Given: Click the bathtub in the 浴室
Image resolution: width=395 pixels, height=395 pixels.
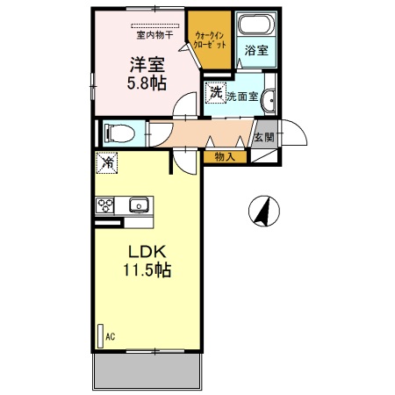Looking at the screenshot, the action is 256,24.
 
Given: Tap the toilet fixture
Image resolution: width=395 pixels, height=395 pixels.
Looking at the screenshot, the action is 119,133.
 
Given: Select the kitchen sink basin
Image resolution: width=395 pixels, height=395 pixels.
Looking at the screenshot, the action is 139,205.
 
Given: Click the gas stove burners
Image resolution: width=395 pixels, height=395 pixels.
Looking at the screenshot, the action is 105,205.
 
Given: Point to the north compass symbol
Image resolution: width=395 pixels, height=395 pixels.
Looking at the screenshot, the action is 264,211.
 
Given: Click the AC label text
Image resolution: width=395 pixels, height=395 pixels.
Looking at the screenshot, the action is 111,336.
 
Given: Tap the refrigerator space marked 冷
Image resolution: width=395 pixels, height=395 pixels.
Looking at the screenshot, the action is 106,162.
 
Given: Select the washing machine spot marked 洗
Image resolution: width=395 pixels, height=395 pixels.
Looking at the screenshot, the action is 216,93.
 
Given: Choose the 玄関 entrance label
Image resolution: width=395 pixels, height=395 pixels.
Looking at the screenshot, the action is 264,137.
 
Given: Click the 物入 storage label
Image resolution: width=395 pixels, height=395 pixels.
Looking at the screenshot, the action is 225,157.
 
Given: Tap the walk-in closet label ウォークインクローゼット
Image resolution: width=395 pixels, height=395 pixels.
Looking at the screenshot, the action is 210,40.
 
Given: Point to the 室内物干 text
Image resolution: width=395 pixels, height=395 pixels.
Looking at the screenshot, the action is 154,35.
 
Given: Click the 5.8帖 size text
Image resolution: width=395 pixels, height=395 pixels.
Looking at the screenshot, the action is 147,83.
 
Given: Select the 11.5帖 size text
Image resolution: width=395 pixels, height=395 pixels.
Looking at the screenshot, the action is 147,269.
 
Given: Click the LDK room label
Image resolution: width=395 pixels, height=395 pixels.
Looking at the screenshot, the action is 147,251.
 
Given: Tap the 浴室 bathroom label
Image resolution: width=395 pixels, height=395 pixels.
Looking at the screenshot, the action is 256,50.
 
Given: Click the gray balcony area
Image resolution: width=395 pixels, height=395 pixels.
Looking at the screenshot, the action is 147,371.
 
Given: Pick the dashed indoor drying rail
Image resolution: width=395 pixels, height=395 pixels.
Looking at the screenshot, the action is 155,25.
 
